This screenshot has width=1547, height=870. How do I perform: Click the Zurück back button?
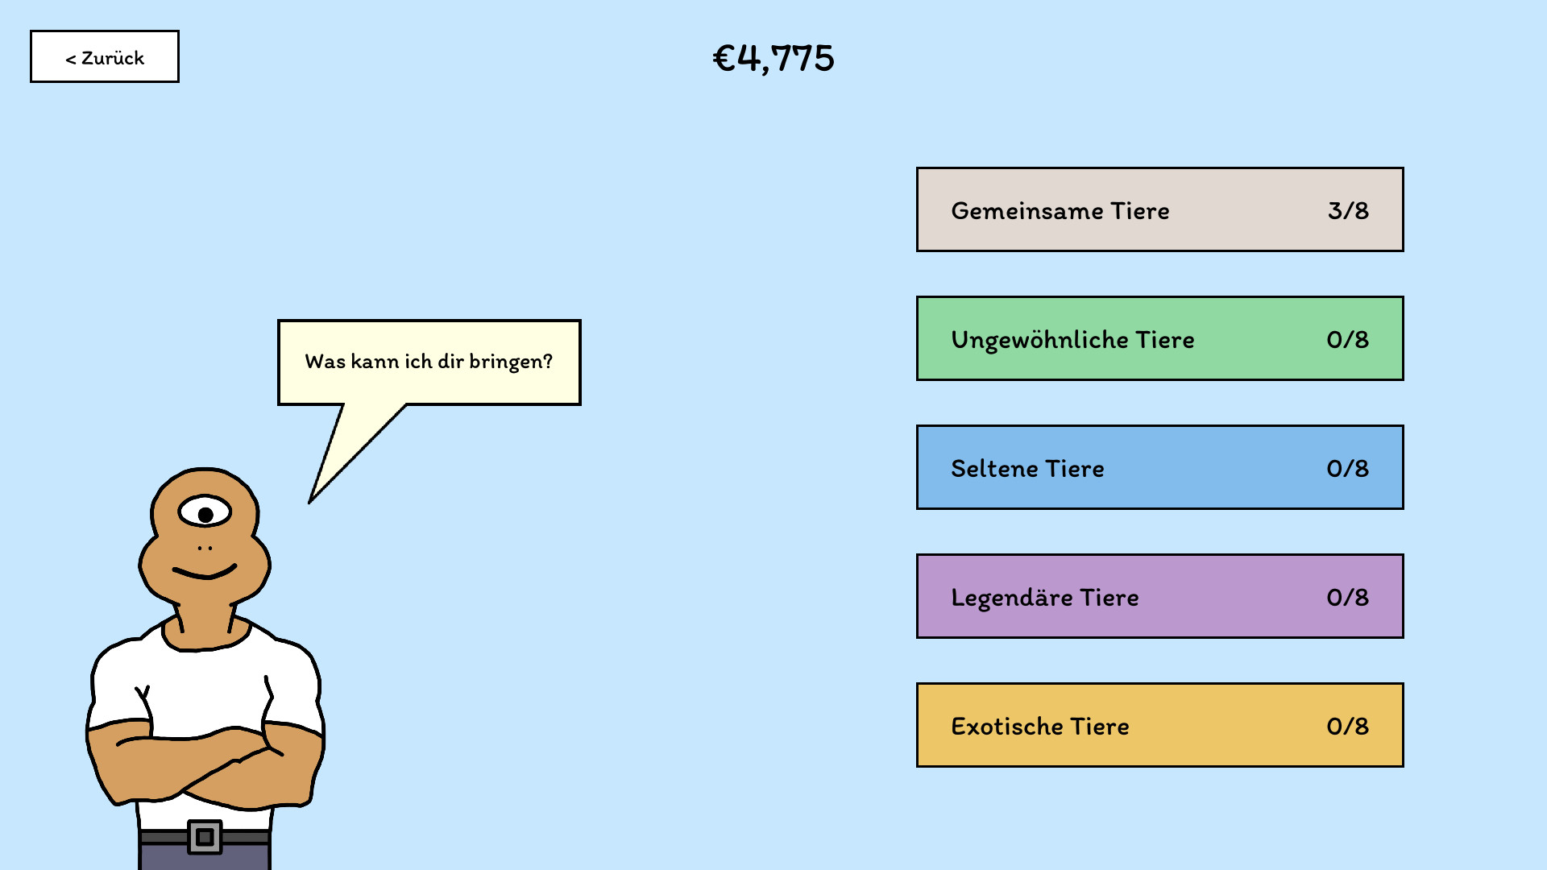pyautogui.click(x=105, y=57)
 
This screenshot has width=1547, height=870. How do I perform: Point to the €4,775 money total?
pyautogui.click(x=773, y=59)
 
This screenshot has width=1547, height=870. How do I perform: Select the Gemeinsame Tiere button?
pyautogui.click(x=1159, y=209)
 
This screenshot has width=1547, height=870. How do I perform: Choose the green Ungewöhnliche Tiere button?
pyautogui.click(x=1159, y=338)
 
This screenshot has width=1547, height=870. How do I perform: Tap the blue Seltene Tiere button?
pyautogui.click(x=1159, y=467)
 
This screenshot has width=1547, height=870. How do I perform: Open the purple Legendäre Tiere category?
pyautogui.click(x=1159, y=596)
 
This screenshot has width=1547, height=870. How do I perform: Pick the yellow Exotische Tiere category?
pyautogui.click(x=1159, y=725)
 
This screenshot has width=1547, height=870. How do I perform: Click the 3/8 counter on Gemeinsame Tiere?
pyautogui.click(x=1348, y=211)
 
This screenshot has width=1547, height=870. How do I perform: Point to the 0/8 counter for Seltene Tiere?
pyautogui.click(x=1347, y=469)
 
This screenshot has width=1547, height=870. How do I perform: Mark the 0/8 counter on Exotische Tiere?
pyautogui.click(x=1347, y=727)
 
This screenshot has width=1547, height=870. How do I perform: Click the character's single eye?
pyautogui.click(x=205, y=512)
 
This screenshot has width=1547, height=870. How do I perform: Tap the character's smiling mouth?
pyautogui.click(x=205, y=573)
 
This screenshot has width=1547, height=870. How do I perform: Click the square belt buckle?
pyautogui.click(x=205, y=838)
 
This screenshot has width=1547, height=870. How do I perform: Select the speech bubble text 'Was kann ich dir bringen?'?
pyautogui.click(x=429, y=362)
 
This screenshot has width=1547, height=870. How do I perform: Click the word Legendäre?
pyautogui.click(x=1012, y=598)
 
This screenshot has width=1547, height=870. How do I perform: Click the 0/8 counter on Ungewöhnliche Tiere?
pyautogui.click(x=1347, y=340)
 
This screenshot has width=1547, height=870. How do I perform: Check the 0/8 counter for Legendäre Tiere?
pyautogui.click(x=1347, y=598)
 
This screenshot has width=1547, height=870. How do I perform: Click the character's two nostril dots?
pyautogui.click(x=205, y=549)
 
